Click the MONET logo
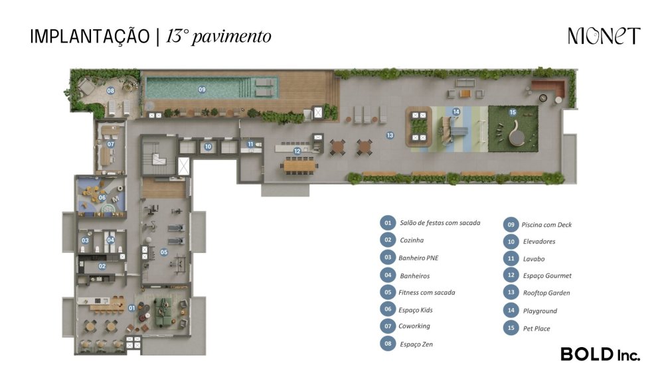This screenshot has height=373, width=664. click(x=604, y=36)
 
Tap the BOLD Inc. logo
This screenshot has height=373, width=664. click(x=600, y=354)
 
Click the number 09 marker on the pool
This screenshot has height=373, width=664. click(x=202, y=90)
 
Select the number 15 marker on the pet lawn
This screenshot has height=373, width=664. click(x=513, y=112)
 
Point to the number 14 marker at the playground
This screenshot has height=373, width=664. click(x=456, y=112)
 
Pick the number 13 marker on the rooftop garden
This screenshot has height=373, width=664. click(x=390, y=135)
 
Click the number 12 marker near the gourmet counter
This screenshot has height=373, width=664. click(x=297, y=151)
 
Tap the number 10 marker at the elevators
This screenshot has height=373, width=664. click(x=208, y=147)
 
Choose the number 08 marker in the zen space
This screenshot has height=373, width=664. click(x=110, y=91)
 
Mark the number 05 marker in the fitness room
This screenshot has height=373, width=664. click(x=164, y=252)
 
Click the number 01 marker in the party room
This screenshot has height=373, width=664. click(x=131, y=308)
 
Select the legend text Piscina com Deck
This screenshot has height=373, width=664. click(x=546, y=225)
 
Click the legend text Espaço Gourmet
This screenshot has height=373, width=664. click(x=547, y=275)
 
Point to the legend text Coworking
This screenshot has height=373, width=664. click(x=414, y=326)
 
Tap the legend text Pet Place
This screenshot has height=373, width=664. click(x=537, y=329)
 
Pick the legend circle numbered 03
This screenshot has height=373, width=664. click(x=388, y=258)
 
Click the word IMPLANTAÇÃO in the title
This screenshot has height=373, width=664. click(x=90, y=37)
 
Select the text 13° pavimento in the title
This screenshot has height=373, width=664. click(x=218, y=37)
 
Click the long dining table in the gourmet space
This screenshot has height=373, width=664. click(x=300, y=165)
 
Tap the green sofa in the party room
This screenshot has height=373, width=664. click(x=163, y=312)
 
